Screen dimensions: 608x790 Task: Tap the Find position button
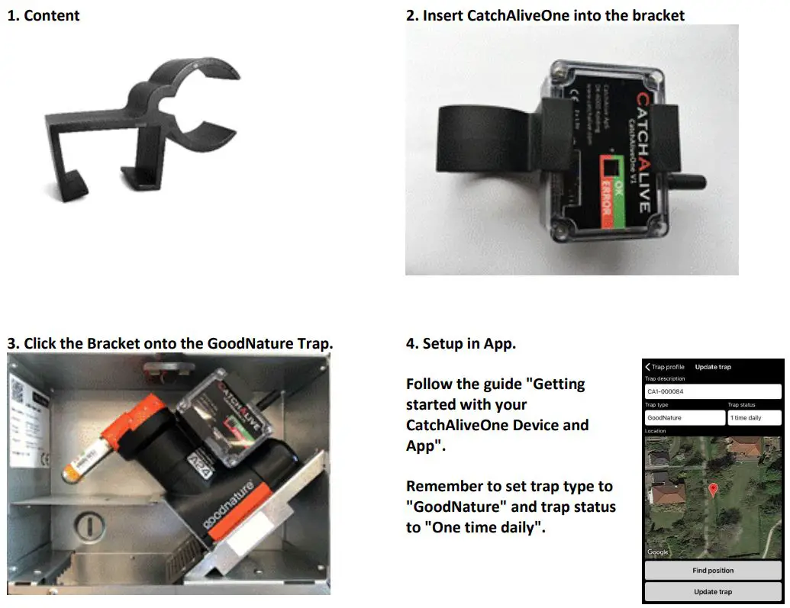[713, 570]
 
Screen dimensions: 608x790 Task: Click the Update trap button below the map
[713, 591]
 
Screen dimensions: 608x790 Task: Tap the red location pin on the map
[713, 490]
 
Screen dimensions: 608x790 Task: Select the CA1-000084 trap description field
[713, 391]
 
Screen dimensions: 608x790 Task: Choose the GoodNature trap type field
[684, 418]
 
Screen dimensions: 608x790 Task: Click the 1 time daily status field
[753, 418]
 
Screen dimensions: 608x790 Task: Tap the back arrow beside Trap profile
[648, 367]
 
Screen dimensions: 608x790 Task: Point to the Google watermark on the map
[658, 552]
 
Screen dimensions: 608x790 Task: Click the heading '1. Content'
[44, 15]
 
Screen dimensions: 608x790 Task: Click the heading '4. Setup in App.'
[461, 343]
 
